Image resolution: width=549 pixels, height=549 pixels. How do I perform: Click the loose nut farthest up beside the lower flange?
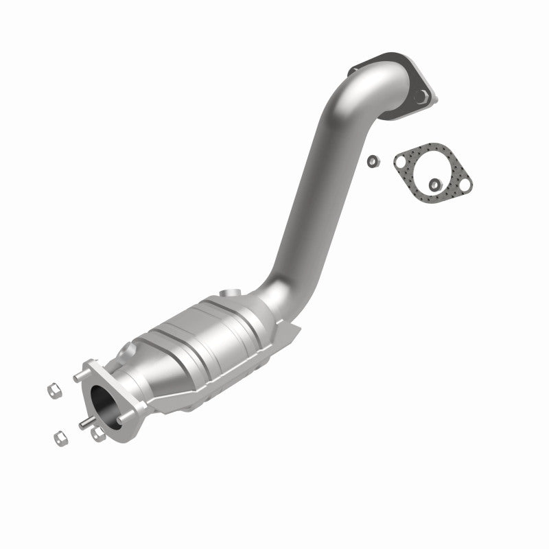[x=49, y=392]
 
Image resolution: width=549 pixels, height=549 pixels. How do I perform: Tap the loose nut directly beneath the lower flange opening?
[x=97, y=434]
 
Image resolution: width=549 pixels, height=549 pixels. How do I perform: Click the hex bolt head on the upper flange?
[x=423, y=97]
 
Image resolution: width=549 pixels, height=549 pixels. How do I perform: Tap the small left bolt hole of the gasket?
[x=400, y=161]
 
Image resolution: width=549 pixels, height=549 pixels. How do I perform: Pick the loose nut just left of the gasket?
[x=371, y=161]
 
